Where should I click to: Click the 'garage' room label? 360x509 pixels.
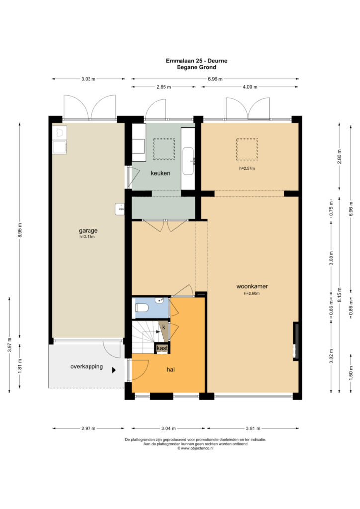(x=88, y=231)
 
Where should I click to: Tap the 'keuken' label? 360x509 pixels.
(x=160, y=173)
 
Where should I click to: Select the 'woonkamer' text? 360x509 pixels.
(x=252, y=286)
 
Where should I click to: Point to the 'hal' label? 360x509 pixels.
(x=170, y=369)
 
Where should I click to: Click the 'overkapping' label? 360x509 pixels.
(x=87, y=366)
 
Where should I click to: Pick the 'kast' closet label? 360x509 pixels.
(x=162, y=348)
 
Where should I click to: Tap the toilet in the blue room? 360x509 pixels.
(x=142, y=307)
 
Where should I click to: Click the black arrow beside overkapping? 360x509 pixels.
(x=114, y=370)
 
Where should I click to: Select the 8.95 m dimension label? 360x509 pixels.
(x=20, y=231)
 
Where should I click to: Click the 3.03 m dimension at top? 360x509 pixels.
(x=89, y=79)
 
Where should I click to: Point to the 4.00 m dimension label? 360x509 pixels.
(x=250, y=87)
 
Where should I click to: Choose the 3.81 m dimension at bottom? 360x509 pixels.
(x=253, y=428)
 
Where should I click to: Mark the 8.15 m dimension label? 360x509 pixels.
(x=340, y=295)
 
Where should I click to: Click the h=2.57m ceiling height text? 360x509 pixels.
(x=247, y=168)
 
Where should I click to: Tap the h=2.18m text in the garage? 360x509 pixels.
(x=87, y=237)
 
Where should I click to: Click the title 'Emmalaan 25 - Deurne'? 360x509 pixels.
(x=196, y=60)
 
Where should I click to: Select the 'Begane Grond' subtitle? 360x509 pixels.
(x=196, y=67)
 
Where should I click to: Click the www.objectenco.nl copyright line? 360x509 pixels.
(x=195, y=448)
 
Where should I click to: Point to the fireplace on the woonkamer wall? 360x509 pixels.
(x=296, y=341)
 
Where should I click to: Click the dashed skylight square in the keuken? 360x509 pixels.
(x=164, y=149)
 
